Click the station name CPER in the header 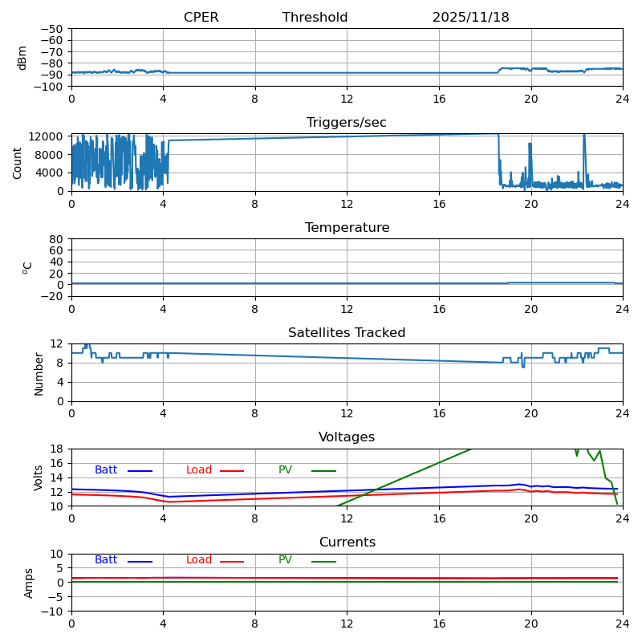point(201,18)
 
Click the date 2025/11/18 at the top point(470,18)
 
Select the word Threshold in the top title point(315,18)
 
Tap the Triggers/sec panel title point(347,123)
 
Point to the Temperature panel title point(347,228)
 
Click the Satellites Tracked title point(347,333)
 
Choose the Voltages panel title point(347,437)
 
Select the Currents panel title point(347,542)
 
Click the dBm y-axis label point(22,57)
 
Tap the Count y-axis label point(18,162)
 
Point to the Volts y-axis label point(39,477)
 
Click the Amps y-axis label point(29,583)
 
